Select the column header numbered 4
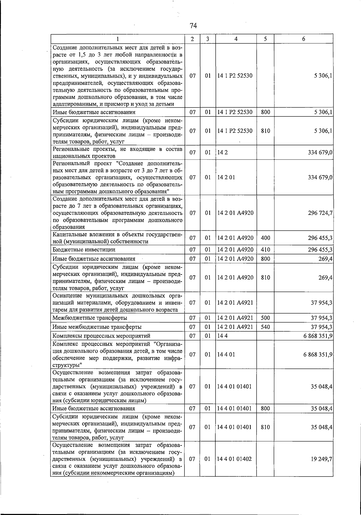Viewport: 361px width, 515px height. [x=236, y=39]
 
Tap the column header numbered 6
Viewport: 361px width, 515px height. [x=304, y=39]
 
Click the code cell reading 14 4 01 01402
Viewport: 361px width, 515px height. [x=234, y=459]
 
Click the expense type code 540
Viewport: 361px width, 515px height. [x=265, y=327]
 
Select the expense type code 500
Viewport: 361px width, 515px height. [x=265, y=318]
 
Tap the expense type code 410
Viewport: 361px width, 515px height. [x=265, y=250]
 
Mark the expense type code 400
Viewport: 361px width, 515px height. [x=265, y=238]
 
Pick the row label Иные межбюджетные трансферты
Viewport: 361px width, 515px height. [x=97, y=327]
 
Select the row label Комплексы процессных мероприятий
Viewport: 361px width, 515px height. [x=101, y=336]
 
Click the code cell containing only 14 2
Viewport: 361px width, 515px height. [x=222, y=153]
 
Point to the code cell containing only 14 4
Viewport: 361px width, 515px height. [x=222, y=336]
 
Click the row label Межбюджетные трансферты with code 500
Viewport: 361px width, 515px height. [x=90, y=318]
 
